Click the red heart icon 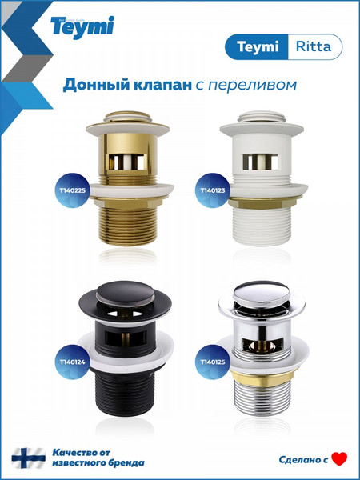(x=339, y=458)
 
